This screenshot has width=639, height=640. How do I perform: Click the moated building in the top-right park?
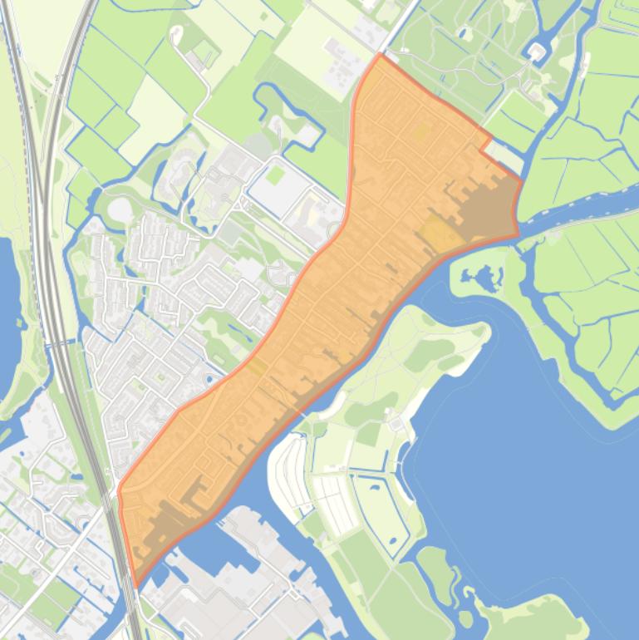(x=536, y=52)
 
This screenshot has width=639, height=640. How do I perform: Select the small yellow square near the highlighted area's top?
(x=420, y=131)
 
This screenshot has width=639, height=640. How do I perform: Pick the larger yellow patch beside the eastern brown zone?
(x=439, y=234)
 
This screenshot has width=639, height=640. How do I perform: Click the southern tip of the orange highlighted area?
(x=135, y=586)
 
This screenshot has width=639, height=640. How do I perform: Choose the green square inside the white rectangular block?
(x=275, y=175)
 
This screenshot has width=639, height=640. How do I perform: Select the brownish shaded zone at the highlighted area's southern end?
(x=170, y=519)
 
